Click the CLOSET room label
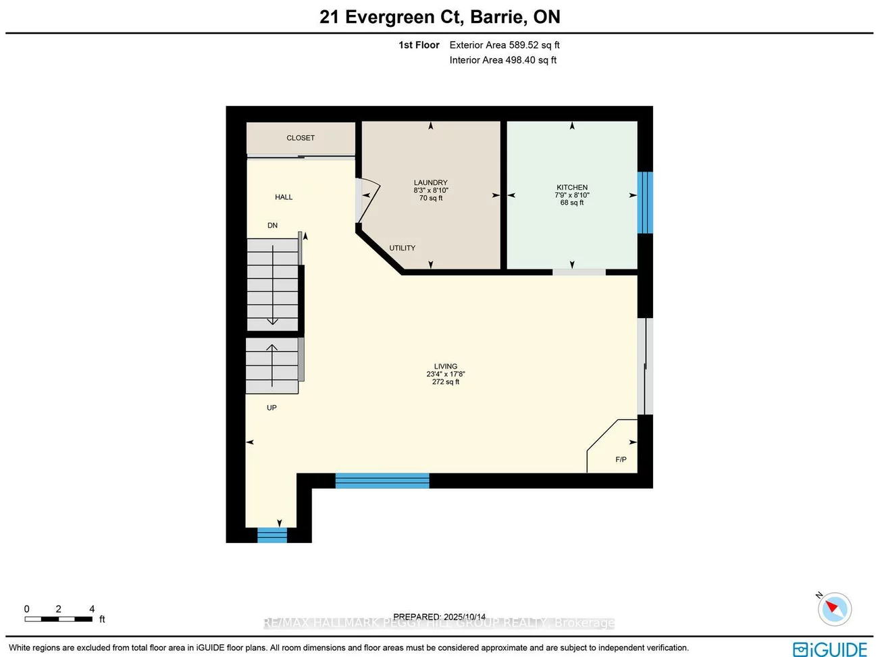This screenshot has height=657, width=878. [x=301, y=138]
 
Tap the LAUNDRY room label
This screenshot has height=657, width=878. [x=430, y=183]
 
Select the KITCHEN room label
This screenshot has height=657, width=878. [x=571, y=188]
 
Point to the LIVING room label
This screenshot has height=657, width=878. [x=445, y=367]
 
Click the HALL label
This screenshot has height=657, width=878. [x=284, y=197]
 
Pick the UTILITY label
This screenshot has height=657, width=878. [x=402, y=248]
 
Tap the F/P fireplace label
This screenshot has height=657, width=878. [x=621, y=460]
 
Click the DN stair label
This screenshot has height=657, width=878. [x=272, y=226]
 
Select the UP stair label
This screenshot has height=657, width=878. [x=272, y=408]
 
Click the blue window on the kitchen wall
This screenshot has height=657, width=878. [x=645, y=203]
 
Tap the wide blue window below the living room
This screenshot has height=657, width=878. [x=382, y=481]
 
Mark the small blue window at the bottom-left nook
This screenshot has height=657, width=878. [x=272, y=535]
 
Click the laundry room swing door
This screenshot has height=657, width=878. [x=368, y=200]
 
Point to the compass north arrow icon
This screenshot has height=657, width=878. [x=834, y=608]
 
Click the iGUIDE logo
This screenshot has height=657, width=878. [x=829, y=649]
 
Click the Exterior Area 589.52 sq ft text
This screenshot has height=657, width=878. [x=505, y=45]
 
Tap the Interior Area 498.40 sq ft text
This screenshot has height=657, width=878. [x=503, y=60]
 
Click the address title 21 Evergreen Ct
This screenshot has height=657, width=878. [x=440, y=17]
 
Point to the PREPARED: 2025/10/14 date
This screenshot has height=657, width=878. [x=439, y=616]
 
